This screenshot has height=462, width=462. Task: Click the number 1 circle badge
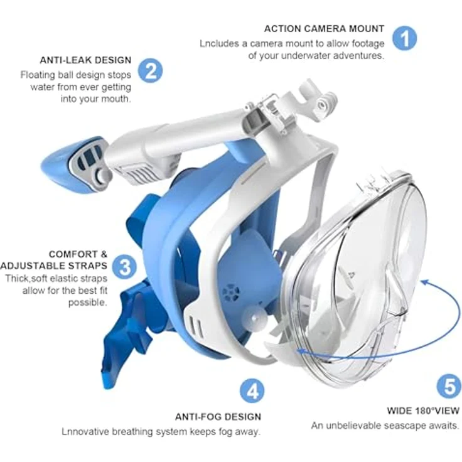pos(405,38)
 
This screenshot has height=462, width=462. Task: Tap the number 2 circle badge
pos(150,71)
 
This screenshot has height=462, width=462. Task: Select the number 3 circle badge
pos(125,266)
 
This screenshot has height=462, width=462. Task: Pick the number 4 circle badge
pos(252,391)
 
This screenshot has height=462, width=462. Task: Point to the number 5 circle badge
pos(448,385)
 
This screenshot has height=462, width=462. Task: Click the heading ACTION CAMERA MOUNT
pos(324,29)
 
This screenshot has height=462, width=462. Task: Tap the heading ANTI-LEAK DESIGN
pos(85,60)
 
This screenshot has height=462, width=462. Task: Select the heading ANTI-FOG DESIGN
pos(218,417)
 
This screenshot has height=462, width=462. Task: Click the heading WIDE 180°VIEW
pos(423,411)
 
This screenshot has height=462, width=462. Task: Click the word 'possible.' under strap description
pos(87,303)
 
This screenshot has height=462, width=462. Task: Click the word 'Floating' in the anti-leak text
pos(38,75)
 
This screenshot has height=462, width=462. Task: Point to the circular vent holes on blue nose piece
pos(231,293)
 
